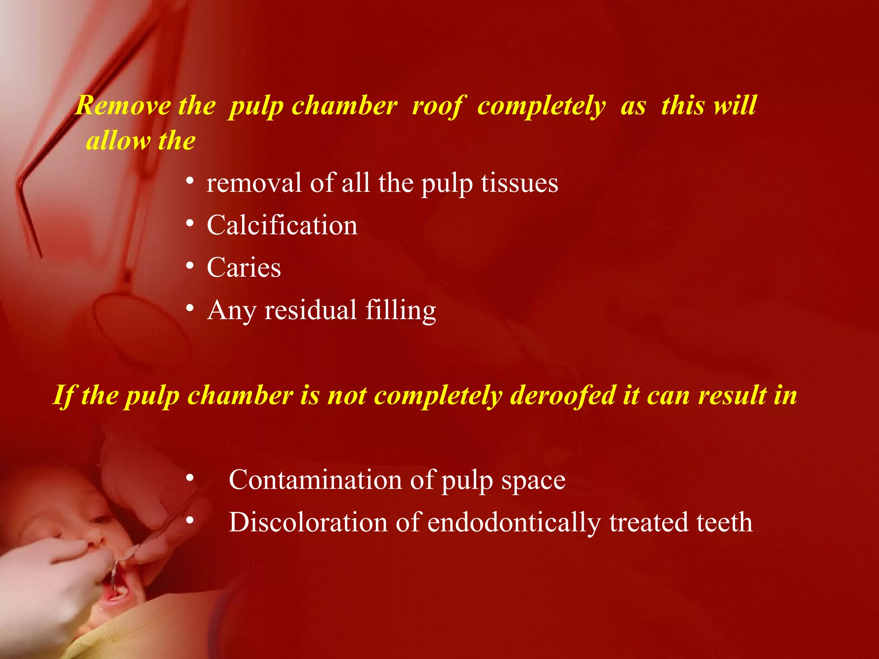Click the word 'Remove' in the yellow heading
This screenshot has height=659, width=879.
[x=123, y=106]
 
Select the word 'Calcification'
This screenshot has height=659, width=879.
[x=282, y=225]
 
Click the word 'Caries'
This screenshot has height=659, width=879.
[x=244, y=267]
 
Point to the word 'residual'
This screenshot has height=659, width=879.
[x=310, y=310]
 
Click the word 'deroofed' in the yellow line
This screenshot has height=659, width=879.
[x=563, y=395]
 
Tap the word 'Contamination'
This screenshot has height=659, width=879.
[x=315, y=480]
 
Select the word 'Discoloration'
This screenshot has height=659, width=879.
[x=308, y=522]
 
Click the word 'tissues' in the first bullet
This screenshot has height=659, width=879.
[x=519, y=183]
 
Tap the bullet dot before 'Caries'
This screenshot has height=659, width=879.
[x=190, y=266]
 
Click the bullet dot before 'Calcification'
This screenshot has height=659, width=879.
[x=190, y=224]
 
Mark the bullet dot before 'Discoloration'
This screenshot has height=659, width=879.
[x=190, y=521]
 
